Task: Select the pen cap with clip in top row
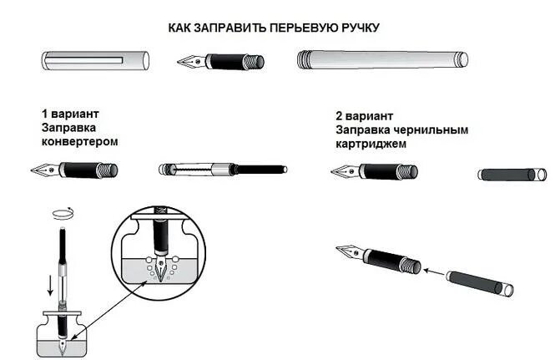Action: [x=95, y=61]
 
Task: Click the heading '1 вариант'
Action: [x=71, y=113]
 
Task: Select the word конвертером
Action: [x=79, y=141]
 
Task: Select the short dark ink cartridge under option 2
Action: [x=512, y=175]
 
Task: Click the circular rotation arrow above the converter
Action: [x=59, y=213]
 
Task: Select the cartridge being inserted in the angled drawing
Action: [x=479, y=281]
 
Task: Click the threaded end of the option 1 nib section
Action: [x=109, y=170]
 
